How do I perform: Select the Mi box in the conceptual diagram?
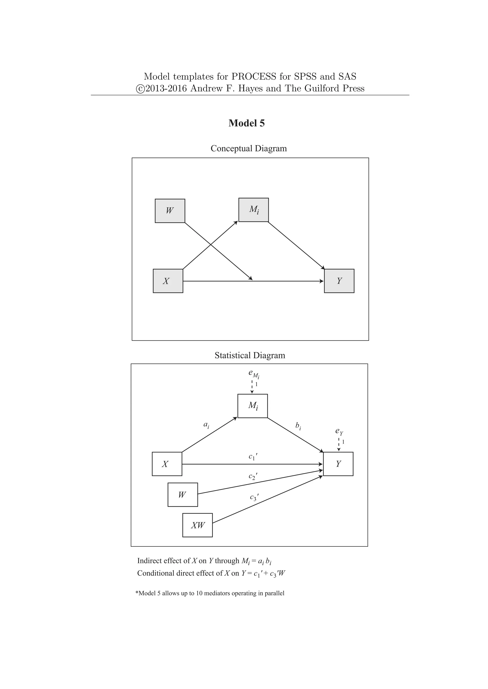(253, 210)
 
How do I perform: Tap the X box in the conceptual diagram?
(168, 281)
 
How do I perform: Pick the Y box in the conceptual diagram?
(339, 281)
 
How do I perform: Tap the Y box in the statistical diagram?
(338, 464)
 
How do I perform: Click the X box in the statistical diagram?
(167, 464)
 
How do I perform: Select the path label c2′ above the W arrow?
(253, 476)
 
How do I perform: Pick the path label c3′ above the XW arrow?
(254, 497)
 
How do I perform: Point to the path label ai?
(206, 425)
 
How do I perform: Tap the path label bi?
(298, 426)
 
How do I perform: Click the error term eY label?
(339, 432)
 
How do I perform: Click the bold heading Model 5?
(246, 123)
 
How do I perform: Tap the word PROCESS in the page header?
(254, 77)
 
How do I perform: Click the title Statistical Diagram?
(250, 355)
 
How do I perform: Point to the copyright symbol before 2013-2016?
(140, 89)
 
